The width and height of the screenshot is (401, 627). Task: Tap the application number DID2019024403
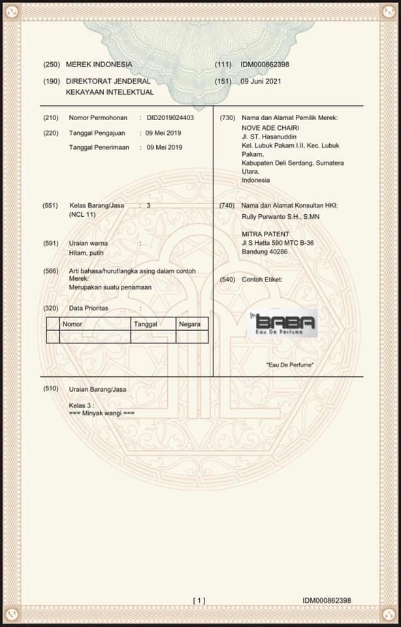point(170,118)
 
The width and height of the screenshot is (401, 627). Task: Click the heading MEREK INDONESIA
point(99,65)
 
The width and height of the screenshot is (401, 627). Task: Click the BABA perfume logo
point(284,323)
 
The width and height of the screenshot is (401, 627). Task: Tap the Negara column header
point(189,324)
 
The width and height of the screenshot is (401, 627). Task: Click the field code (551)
point(51,205)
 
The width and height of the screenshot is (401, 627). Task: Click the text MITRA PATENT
point(265,234)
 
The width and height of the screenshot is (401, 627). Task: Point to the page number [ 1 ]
point(199,600)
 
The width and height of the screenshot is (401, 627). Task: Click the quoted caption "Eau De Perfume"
point(289,364)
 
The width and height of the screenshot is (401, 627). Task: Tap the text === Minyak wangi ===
point(101,413)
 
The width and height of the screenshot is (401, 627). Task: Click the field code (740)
point(227,205)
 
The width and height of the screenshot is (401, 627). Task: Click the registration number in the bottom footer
point(327,600)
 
